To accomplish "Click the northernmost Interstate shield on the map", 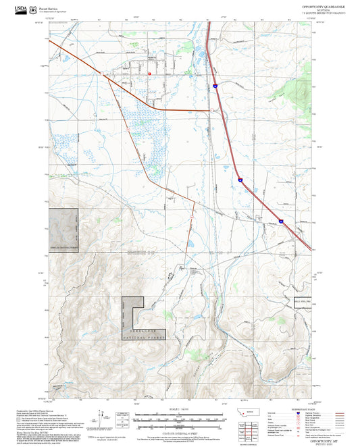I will [x=215, y=86].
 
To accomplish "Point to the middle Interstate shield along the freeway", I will [x=240, y=180].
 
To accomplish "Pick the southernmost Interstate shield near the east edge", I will [x=281, y=220].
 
